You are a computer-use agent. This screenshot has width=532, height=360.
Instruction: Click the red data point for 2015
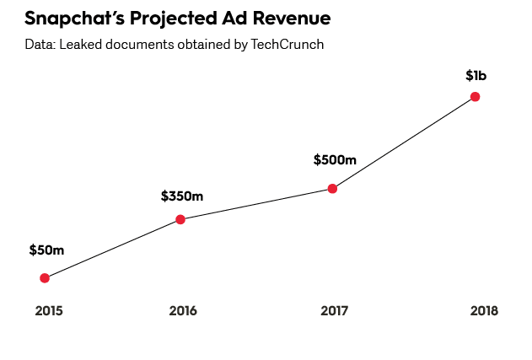(45, 278)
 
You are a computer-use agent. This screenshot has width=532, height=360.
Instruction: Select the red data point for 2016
(180, 219)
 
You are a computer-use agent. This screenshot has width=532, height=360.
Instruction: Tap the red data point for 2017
(332, 188)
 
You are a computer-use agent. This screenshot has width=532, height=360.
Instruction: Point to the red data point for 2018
(476, 97)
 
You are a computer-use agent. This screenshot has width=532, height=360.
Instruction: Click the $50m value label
(46, 250)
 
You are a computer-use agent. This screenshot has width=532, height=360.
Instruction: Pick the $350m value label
(182, 196)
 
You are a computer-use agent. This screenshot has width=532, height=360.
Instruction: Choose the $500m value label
(335, 159)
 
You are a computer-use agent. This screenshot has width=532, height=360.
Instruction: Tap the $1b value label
(476, 76)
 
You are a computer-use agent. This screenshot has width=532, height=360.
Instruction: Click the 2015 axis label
(49, 311)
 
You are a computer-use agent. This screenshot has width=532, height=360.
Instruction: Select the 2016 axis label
(183, 311)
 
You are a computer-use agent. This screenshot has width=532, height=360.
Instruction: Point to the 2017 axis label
(335, 311)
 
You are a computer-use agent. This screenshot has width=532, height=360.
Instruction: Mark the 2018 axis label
(484, 311)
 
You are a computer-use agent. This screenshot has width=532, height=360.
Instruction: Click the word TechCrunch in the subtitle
(287, 44)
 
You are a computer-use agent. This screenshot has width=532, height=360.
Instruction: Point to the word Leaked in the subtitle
(79, 44)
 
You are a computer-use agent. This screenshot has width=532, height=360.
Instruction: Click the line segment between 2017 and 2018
(404, 142)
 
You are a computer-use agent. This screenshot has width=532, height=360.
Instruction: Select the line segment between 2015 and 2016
(112, 249)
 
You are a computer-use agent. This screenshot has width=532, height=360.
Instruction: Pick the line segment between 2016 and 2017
(256, 204)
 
